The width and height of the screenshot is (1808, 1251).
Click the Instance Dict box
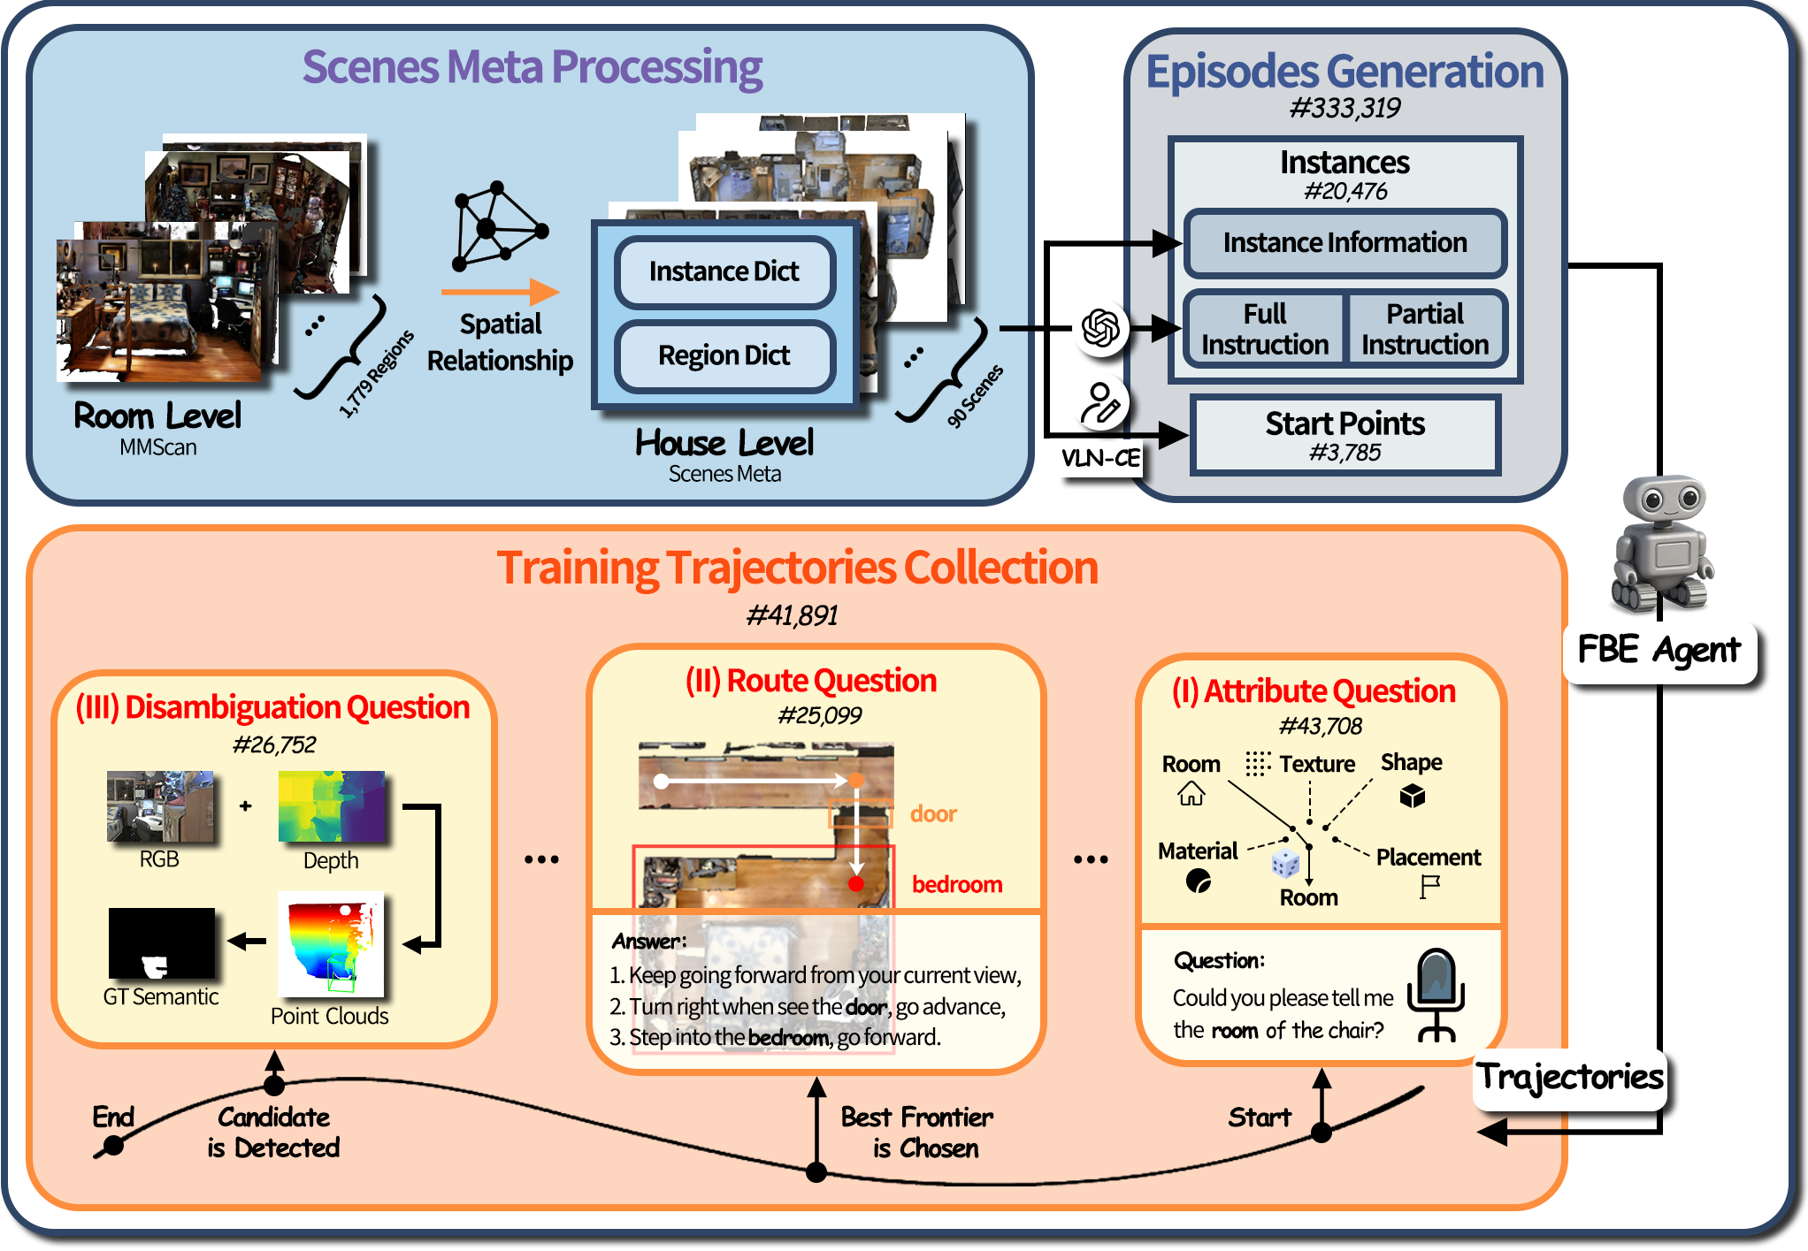(724, 271)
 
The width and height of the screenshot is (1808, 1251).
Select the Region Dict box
(724, 355)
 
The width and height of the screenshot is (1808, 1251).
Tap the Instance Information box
(1344, 243)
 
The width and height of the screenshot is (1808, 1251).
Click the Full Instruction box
(1264, 329)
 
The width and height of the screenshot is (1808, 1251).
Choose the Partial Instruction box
(1424, 329)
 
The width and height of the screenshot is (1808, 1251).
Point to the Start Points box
(1344, 435)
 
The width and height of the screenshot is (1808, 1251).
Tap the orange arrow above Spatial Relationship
(500, 292)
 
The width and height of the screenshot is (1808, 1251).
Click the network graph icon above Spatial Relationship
(497, 226)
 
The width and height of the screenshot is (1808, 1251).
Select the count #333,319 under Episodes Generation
(1344, 109)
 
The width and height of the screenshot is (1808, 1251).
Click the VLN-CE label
(1100, 458)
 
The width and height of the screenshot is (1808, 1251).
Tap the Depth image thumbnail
(332, 806)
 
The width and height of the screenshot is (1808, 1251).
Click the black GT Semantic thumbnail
(162, 943)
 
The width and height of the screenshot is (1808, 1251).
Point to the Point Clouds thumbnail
(331, 944)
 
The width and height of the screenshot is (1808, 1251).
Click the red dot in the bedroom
(855, 883)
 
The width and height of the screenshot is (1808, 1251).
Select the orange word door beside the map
(933, 813)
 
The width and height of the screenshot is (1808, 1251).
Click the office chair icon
(1436, 995)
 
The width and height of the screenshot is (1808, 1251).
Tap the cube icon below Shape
(1412, 797)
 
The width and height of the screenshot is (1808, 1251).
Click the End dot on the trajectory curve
(112, 1147)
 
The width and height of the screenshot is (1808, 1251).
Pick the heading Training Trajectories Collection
(797, 568)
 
